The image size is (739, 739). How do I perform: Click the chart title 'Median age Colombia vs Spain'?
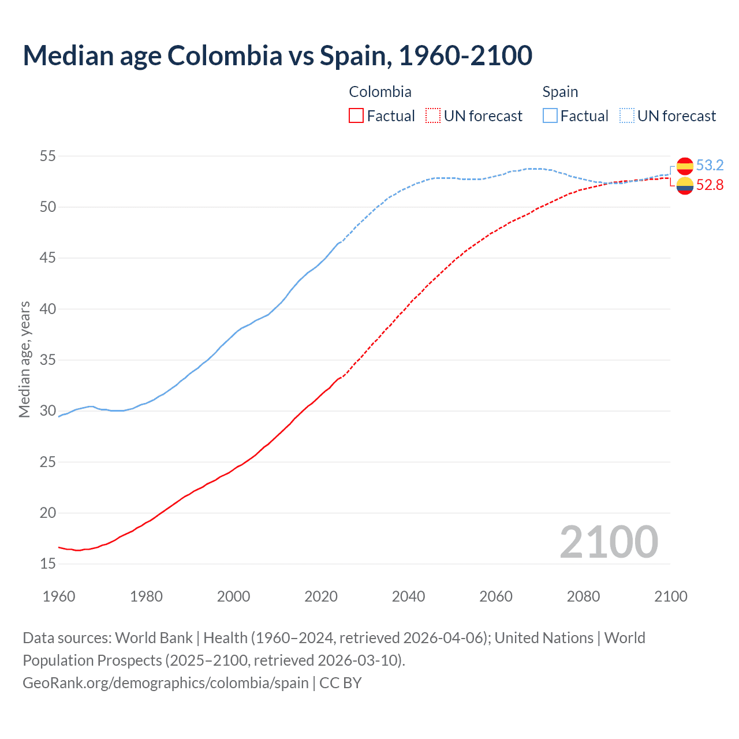point(277,55)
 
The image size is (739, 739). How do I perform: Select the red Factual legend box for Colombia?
point(356,115)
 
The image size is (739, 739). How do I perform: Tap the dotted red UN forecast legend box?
point(433,115)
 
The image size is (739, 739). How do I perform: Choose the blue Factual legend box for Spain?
point(550,115)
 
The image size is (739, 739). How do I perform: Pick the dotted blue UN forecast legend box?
point(627,115)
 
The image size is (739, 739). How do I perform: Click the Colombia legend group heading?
point(380,92)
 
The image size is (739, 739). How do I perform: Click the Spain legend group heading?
point(560,92)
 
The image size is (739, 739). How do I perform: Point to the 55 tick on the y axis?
point(48,156)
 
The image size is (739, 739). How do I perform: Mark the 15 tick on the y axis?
point(48,563)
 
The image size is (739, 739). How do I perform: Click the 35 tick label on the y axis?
point(48,360)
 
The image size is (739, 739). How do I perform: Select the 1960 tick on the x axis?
point(59,596)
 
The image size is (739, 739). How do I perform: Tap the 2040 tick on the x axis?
point(408,596)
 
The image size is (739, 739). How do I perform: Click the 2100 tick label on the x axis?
point(670,596)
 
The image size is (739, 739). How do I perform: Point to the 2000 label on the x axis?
point(233,596)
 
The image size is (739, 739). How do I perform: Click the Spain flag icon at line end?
point(685,166)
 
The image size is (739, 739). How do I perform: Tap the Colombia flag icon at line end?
point(685,186)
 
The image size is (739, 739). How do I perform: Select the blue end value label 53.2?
point(710,166)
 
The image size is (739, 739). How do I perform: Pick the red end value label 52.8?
point(710,185)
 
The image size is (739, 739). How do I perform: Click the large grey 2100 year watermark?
point(609,542)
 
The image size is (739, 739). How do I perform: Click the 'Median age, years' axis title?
point(24,359)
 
